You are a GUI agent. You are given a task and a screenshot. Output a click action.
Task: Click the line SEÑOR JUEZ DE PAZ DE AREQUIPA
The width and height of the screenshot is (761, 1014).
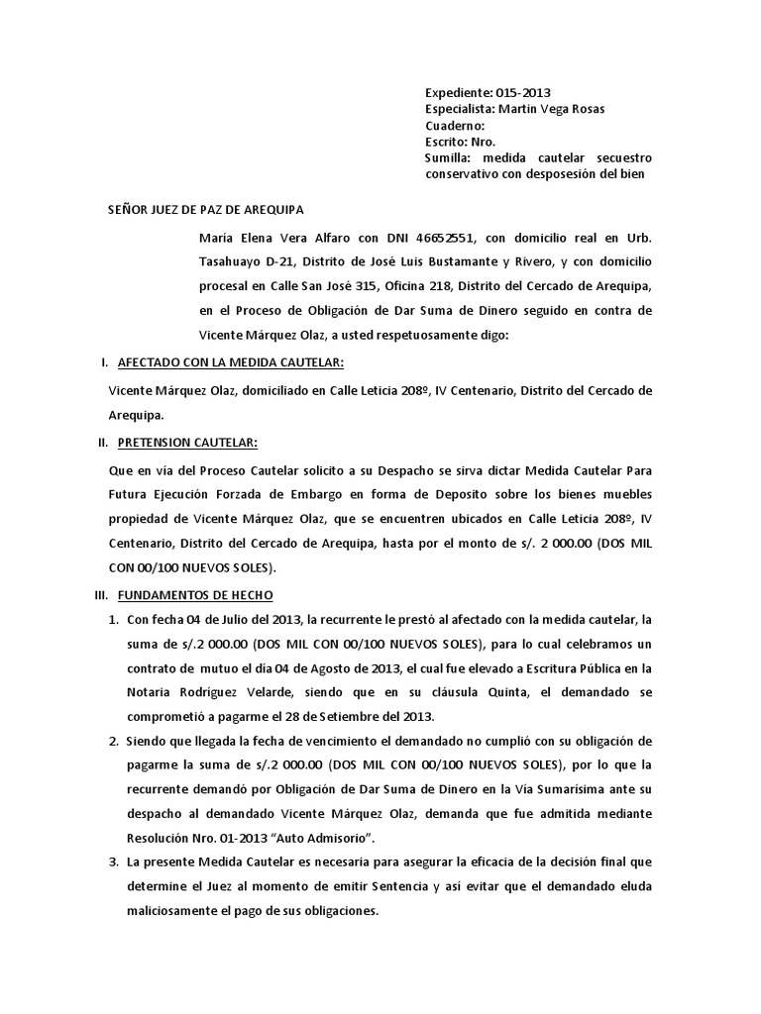(x=206, y=210)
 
